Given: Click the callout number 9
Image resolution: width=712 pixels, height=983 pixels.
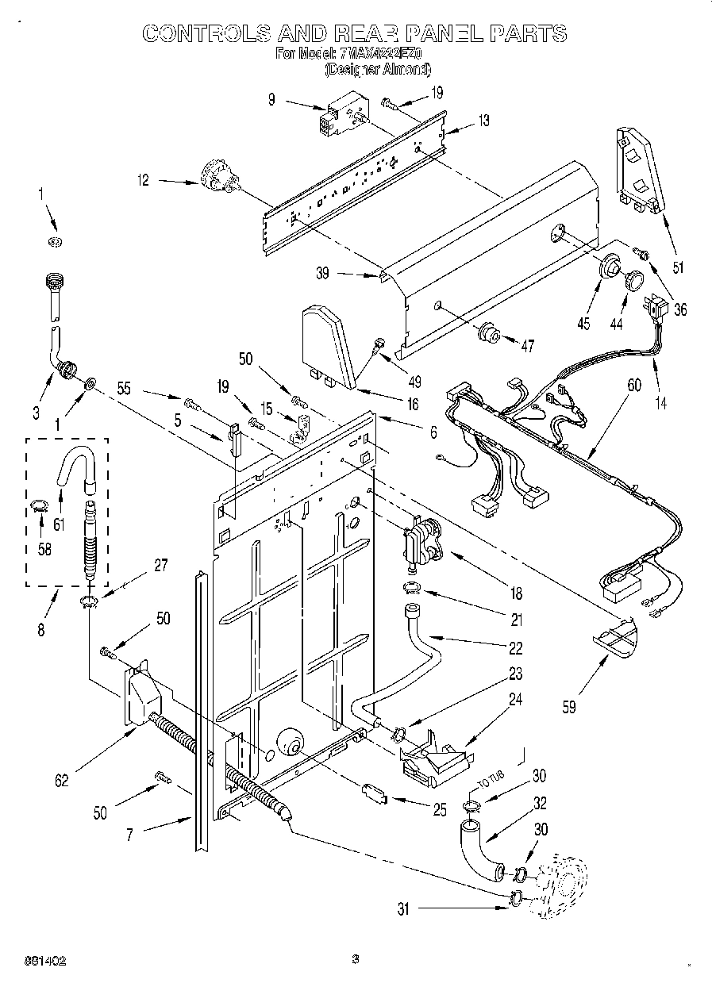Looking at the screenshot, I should [271, 100].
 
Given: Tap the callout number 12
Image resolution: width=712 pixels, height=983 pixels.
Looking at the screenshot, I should [143, 180].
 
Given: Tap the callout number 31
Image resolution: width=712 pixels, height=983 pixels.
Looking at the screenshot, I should [404, 909].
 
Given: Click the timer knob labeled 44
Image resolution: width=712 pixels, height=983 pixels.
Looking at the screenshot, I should [633, 280].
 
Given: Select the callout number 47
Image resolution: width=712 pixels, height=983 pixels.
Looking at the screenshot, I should [527, 345].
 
